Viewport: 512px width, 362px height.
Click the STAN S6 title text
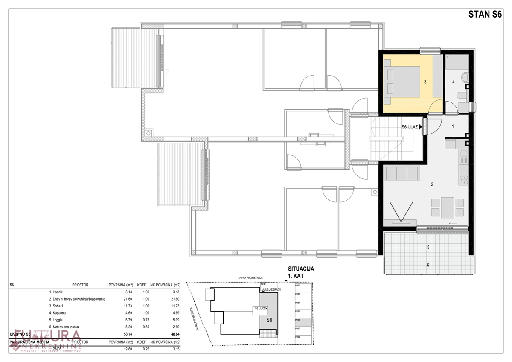[485, 14]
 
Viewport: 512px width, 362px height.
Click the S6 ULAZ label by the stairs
[410, 127]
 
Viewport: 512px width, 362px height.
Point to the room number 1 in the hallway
[453, 126]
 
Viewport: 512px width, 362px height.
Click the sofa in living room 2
[401, 173]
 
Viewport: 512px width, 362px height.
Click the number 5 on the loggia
[428, 247]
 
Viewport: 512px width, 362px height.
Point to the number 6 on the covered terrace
[428, 265]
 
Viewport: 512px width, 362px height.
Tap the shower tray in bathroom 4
[457, 63]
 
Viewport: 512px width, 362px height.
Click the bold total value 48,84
[170, 334]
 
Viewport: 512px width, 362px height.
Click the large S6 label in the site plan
[269, 320]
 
